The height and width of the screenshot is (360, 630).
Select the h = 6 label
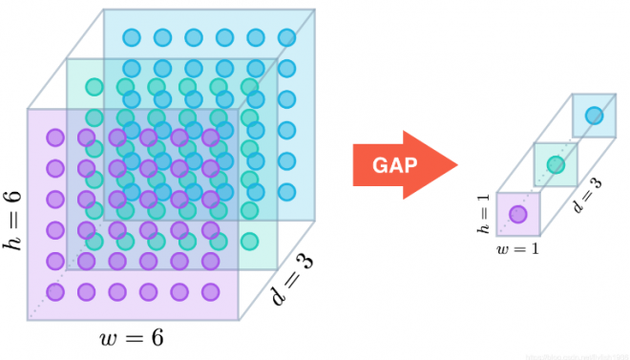(12, 217)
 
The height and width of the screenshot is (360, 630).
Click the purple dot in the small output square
(518, 214)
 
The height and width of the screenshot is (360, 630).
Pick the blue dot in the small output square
(594, 116)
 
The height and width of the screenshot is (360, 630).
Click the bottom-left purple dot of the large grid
(55, 291)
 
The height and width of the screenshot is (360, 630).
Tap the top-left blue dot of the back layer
(132, 38)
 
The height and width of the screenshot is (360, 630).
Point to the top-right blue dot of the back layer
(286, 38)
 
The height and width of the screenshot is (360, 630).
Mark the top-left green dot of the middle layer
(94, 87)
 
